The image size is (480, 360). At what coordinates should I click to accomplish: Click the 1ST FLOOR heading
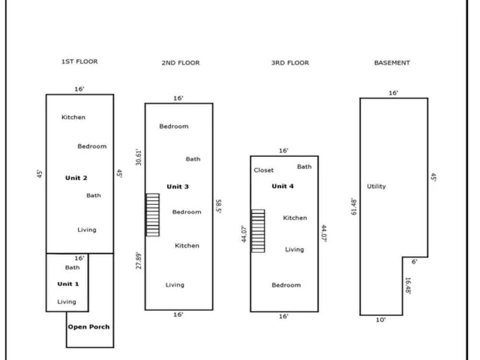[80, 61]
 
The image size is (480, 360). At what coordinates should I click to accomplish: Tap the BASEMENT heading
[392, 63]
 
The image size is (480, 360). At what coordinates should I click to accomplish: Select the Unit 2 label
[76, 178]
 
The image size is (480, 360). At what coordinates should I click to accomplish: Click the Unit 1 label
[68, 284]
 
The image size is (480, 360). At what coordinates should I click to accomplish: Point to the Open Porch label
[89, 327]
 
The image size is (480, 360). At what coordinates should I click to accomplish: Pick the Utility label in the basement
[376, 186]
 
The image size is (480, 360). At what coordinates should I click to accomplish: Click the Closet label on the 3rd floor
[264, 170]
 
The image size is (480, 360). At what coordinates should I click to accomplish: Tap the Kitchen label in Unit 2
[73, 117]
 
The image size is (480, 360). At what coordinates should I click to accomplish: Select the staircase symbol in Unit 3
[153, 215]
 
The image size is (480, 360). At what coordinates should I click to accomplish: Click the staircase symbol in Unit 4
[258, 231]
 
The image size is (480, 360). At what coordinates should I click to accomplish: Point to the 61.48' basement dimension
[354, 206]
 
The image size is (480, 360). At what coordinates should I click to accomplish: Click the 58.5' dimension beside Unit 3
[218, 206]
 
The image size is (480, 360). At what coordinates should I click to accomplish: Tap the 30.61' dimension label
[139, 157]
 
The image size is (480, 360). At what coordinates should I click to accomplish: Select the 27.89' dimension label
[139, 261]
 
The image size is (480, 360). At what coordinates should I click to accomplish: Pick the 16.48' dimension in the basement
[408, 286]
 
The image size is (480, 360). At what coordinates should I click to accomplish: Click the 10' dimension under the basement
[381, 320]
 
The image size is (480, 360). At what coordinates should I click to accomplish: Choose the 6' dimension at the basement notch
[414, 262]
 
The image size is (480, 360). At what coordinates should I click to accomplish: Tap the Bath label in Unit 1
[72, 267]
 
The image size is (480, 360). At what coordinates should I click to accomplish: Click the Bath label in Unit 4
[304, 167]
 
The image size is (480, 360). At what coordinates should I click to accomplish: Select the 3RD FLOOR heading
[290, 63]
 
